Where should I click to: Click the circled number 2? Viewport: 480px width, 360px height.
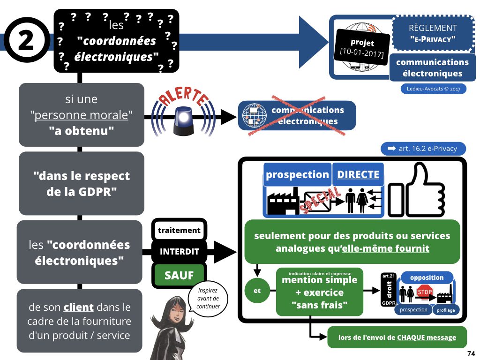(26, 41)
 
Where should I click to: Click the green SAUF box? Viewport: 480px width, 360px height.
(179, 275)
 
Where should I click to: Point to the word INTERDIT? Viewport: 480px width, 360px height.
(179, 251)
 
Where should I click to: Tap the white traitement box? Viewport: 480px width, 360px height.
(179, 230)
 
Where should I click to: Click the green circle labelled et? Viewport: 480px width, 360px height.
(257, 291)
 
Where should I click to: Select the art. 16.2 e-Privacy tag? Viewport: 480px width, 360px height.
(424, 149)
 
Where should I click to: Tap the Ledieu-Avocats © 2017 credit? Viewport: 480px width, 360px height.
(433, 88)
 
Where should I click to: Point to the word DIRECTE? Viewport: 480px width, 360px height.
(358, 174)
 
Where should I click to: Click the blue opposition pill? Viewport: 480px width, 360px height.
(427, 277)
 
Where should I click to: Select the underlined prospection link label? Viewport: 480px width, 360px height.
(413, 309)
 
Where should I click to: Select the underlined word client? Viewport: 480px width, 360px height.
(79, 308)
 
